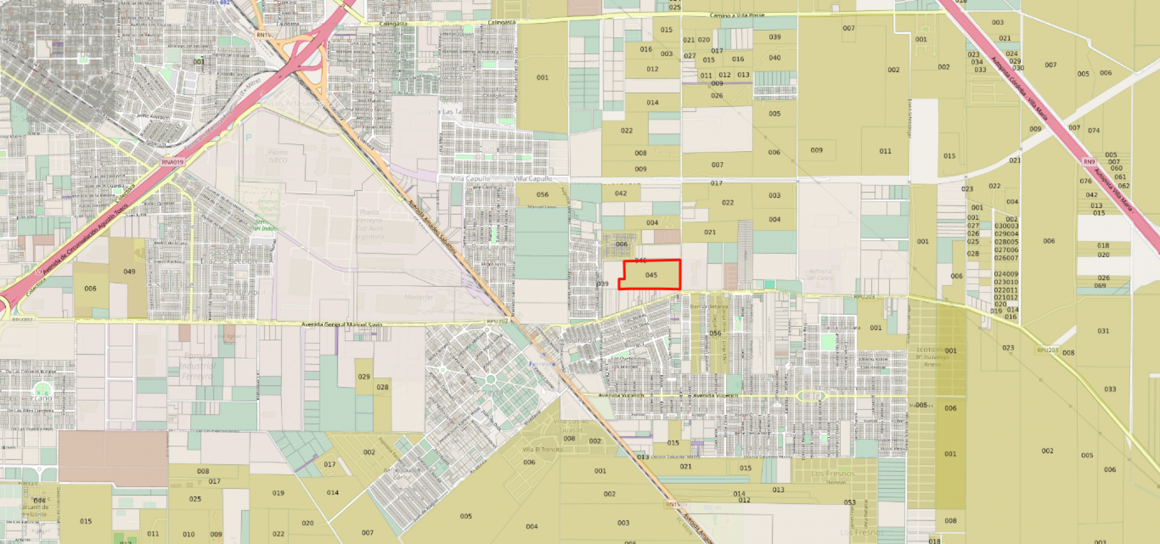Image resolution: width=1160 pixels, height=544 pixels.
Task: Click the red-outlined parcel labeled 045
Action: (x=651, y=275)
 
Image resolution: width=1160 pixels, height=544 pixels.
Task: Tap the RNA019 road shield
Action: (x=172, y=162)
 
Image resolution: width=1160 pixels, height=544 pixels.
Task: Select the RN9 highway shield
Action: (x=1089, y=162)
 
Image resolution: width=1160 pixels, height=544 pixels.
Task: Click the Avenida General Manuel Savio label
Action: (x=342, y=325)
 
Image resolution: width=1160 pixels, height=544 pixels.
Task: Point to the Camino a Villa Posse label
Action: (x=737, y=15)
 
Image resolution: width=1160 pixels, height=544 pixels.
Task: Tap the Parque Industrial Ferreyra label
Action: (x=198, y=365)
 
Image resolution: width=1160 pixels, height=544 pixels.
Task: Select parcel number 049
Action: (x=130, y=271)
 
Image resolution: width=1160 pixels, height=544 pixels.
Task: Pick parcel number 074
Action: (x=1094, y=131)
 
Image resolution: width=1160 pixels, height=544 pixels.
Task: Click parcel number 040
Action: (x=775, y=58)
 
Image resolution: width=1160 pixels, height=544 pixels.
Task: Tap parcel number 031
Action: (x=1103, y=331)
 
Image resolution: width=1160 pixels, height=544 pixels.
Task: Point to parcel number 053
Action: (x=849, y=502)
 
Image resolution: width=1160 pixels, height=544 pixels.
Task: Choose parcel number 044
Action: (x=39, y=500)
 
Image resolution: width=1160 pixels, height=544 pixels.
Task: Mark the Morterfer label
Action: (x=419, y=297)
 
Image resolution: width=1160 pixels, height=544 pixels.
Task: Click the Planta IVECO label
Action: (x=278, y=156)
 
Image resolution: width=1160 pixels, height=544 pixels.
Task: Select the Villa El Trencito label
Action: (x=542, y=450)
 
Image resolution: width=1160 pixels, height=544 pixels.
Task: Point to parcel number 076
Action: (x=1085, y=181)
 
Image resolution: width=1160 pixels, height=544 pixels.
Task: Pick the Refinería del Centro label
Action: (x=820, y=274)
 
